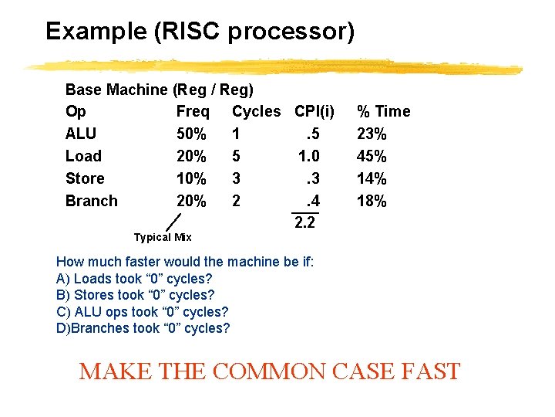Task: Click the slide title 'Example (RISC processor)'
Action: (200, 32)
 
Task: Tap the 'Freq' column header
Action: (193, 111)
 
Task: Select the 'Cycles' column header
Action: (256, 111)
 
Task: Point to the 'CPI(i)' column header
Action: (314, 111)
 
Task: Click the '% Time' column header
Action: (383, 111)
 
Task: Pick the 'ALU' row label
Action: (81, 134)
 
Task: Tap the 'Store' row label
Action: (85, 178)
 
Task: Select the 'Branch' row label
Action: (92, 201)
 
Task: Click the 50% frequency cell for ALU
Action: (191, 134)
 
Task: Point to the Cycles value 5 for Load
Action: (237, 156)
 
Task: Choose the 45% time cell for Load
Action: (372, 156)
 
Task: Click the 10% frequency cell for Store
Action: (191, 178)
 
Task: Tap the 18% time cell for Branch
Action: (372, 201)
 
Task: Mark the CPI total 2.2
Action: (304, 224)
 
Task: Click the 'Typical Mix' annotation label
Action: (163, 237)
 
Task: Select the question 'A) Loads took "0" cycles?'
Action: (135, 278)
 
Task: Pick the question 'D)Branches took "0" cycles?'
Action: (143, 328)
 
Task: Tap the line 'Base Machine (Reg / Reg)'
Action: (160, 90)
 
